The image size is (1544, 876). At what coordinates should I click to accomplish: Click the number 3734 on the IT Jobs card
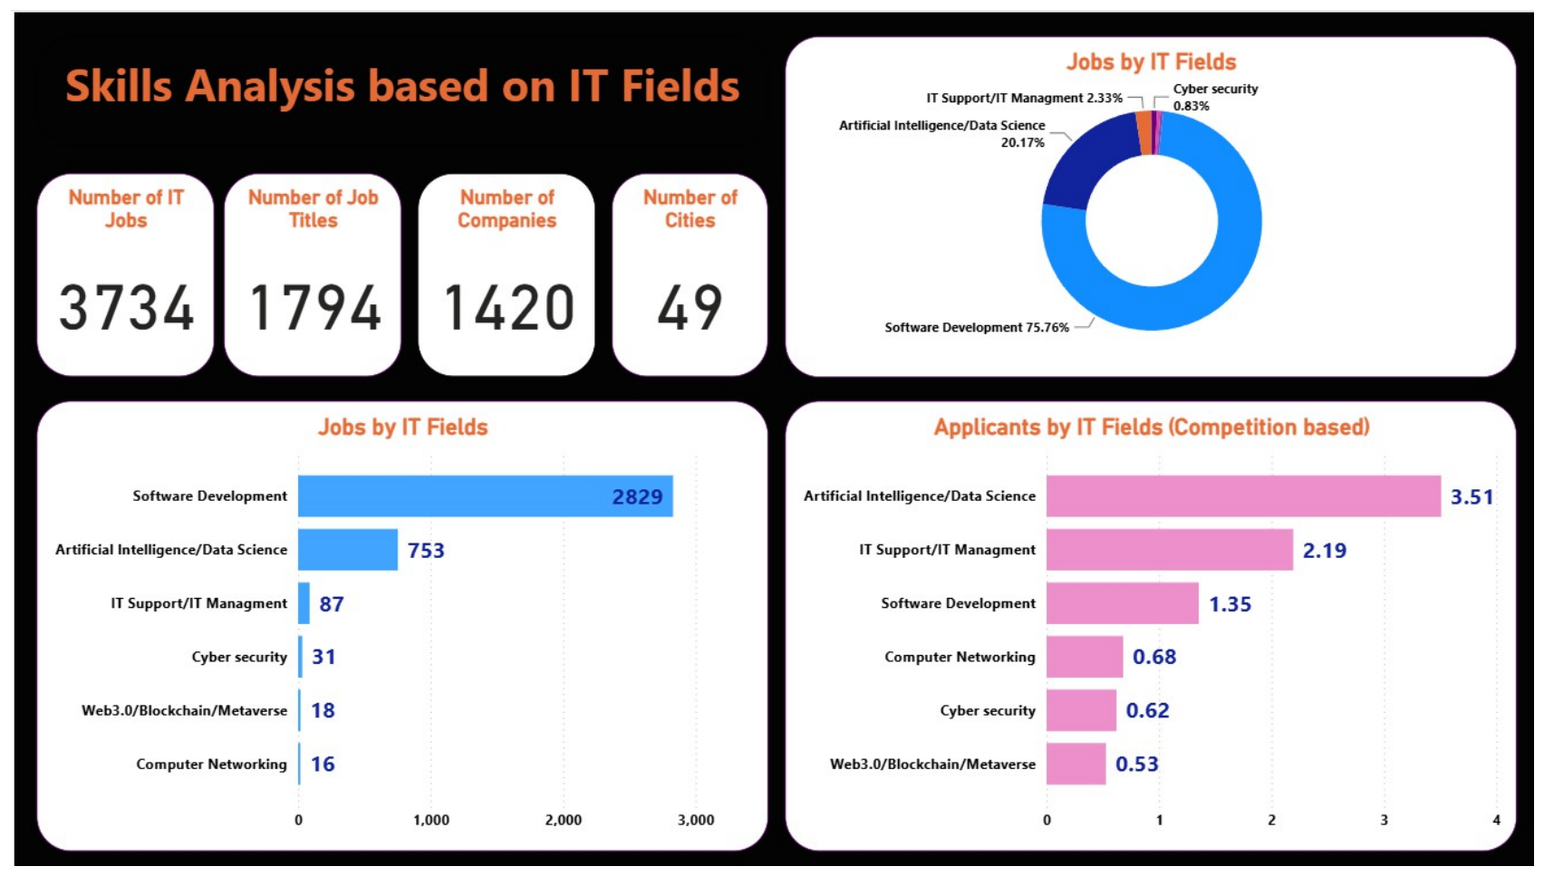coord(126,307)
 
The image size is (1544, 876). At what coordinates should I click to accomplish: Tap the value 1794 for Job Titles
coord(314,307)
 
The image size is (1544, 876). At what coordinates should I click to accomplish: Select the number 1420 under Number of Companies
coord(507,307)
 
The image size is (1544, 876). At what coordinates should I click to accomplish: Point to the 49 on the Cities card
coord(690,307)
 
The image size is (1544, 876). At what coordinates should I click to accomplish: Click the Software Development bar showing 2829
coord(486,496)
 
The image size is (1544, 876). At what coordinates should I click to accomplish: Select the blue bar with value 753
coord(348,550)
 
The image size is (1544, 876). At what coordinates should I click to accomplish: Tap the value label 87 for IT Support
coord(332,604)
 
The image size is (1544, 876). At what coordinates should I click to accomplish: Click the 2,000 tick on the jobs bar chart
coord(564,820)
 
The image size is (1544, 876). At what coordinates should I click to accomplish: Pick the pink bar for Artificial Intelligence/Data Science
coord(1243,496)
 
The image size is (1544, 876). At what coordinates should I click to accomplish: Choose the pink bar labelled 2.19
coord(1170,550)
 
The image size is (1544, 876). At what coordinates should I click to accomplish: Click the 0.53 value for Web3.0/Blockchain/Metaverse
coord(1137,765)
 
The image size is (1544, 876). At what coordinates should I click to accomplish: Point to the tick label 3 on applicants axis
coord(1385,820)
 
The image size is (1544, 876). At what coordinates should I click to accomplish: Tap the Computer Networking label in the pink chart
coord(960,657)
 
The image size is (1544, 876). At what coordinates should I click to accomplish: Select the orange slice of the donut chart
coord(1144,132)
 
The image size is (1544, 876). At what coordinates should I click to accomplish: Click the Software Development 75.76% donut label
coord(977,327)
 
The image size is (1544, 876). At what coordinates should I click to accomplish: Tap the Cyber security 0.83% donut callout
coord(1215,97)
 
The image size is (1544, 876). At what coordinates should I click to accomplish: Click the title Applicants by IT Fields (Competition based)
coord(1151,428)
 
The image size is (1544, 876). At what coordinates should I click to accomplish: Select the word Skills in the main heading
coord(119,87)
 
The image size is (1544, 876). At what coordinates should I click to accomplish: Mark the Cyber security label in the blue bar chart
coord(239,657)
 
